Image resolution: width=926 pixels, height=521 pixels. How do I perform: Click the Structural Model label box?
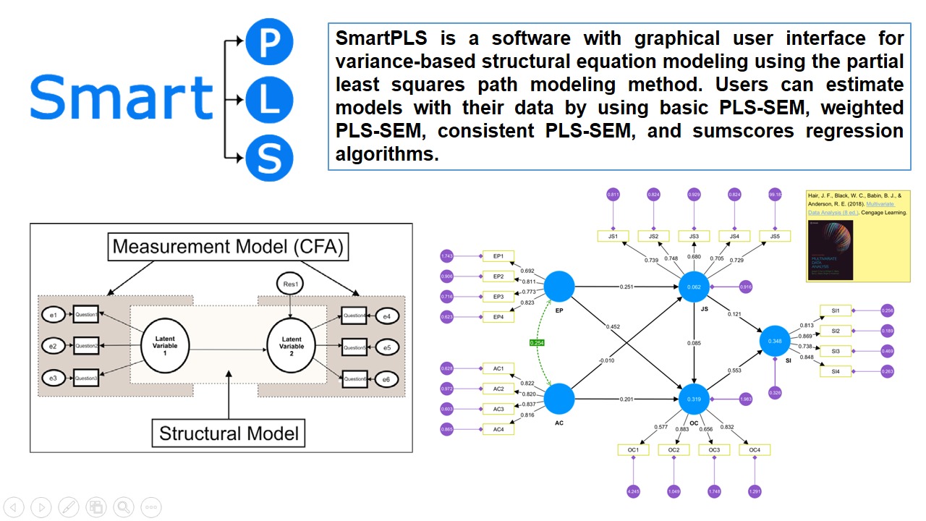point(229,433)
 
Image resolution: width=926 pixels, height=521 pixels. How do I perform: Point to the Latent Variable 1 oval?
point(166,346)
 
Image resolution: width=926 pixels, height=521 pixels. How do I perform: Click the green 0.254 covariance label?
point(538,343)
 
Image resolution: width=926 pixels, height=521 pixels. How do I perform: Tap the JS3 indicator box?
point(694,236)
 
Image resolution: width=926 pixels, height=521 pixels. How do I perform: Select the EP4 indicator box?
point(498,317)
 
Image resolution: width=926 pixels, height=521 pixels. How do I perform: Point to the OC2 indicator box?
point(674,450)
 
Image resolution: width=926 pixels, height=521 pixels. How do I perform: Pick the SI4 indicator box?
point(836,371)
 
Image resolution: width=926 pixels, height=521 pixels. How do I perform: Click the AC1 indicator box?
point(498,368)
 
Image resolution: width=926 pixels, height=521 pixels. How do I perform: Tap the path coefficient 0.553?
point(734,370)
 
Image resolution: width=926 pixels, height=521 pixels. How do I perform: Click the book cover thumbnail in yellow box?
point(830,250)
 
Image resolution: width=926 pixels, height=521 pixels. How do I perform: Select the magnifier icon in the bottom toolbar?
point(124,507)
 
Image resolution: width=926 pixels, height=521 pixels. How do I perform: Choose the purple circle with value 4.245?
point(633,492)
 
